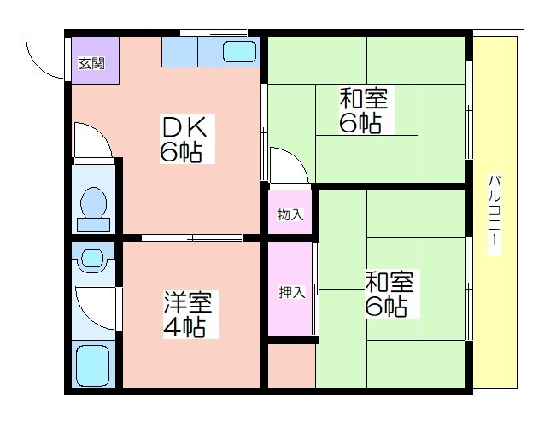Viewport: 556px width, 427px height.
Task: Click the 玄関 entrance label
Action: (x=91, y=64)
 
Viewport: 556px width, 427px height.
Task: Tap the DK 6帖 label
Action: (x=187, y=138)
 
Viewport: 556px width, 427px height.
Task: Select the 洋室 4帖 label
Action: (x=190, y=314)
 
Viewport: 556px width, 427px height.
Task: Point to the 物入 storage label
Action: (x=290, y=214)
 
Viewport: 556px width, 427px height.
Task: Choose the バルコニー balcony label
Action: (x=495, y=215)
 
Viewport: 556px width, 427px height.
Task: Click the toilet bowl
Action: (x=94, y=202)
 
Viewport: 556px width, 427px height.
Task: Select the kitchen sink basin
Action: (x=239, y=52)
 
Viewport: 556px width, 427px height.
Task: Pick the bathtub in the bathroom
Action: (x=93, y=366)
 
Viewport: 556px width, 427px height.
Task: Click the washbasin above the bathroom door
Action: (x=93, y=259)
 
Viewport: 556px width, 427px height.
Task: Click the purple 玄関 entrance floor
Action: (x=95, y=61)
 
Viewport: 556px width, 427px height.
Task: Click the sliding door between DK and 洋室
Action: (x=192, y=237)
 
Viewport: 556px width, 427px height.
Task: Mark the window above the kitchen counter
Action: (x=214, y=33)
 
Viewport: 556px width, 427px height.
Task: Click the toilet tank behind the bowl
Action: (x=94, y=225)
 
